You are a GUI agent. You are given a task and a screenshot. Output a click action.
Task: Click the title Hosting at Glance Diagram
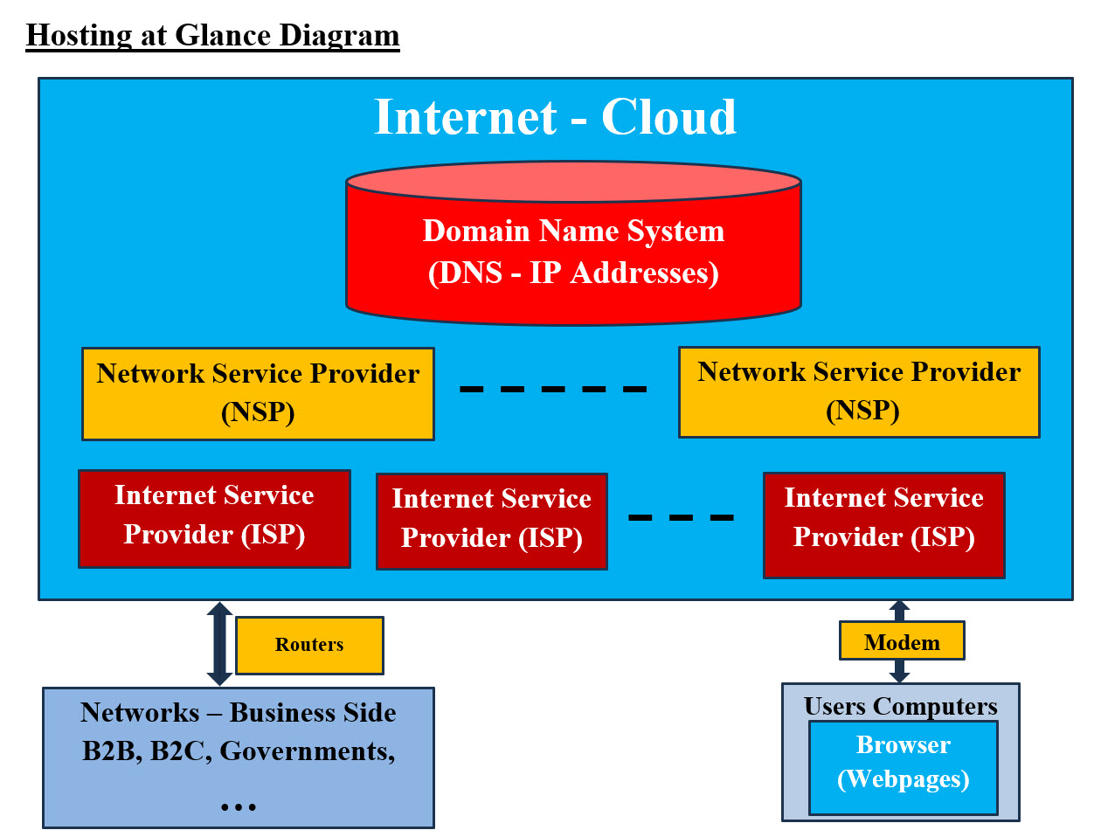pos(212,35)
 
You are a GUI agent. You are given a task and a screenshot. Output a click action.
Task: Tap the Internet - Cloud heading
pos(555,117)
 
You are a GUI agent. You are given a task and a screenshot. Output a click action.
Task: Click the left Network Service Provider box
pos(258,393)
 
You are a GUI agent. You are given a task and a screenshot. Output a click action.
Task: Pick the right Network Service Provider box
pos(859,391)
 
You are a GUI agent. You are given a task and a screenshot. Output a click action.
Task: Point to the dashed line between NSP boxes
pos(553,389)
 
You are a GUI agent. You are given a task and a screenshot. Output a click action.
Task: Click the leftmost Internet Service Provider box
pos(214,519)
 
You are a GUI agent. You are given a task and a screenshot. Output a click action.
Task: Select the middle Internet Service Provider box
pos(491,522)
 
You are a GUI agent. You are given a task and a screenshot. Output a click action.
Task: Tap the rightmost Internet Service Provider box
pos(883,525)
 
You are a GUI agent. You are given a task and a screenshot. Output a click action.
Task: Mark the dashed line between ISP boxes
pos(681,517)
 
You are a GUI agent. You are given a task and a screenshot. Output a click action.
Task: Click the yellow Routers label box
pos(309,645)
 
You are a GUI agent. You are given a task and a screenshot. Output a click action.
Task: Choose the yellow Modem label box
pos(902,642)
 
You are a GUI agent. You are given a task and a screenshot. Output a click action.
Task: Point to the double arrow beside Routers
pos(219,643)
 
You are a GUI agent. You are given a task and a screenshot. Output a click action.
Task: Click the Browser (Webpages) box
pos(903,767)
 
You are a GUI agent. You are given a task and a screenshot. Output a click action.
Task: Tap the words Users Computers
pos(900,706)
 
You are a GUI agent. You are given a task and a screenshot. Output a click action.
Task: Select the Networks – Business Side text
pos(238,713)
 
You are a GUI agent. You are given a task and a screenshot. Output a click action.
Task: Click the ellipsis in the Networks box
pos(238,806)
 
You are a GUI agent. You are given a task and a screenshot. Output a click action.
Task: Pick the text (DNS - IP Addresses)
pos(573,273)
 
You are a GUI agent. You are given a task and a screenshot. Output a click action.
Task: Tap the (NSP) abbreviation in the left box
pos(258,412)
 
